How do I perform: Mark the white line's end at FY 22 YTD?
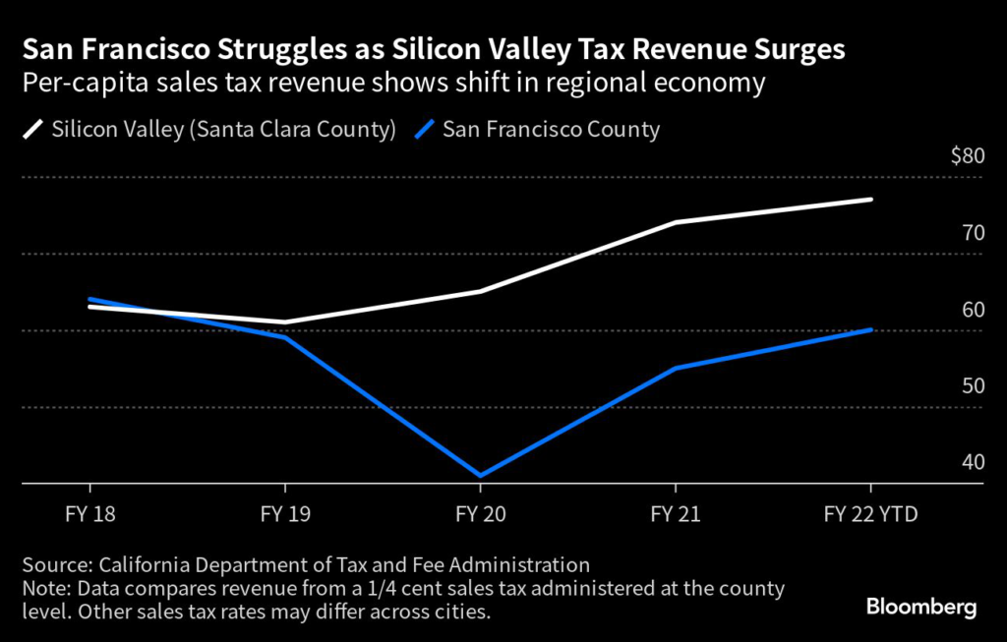(x=871, y=200)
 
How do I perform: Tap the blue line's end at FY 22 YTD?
(x=871, y=329)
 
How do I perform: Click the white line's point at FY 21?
(x=676, y=222)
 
